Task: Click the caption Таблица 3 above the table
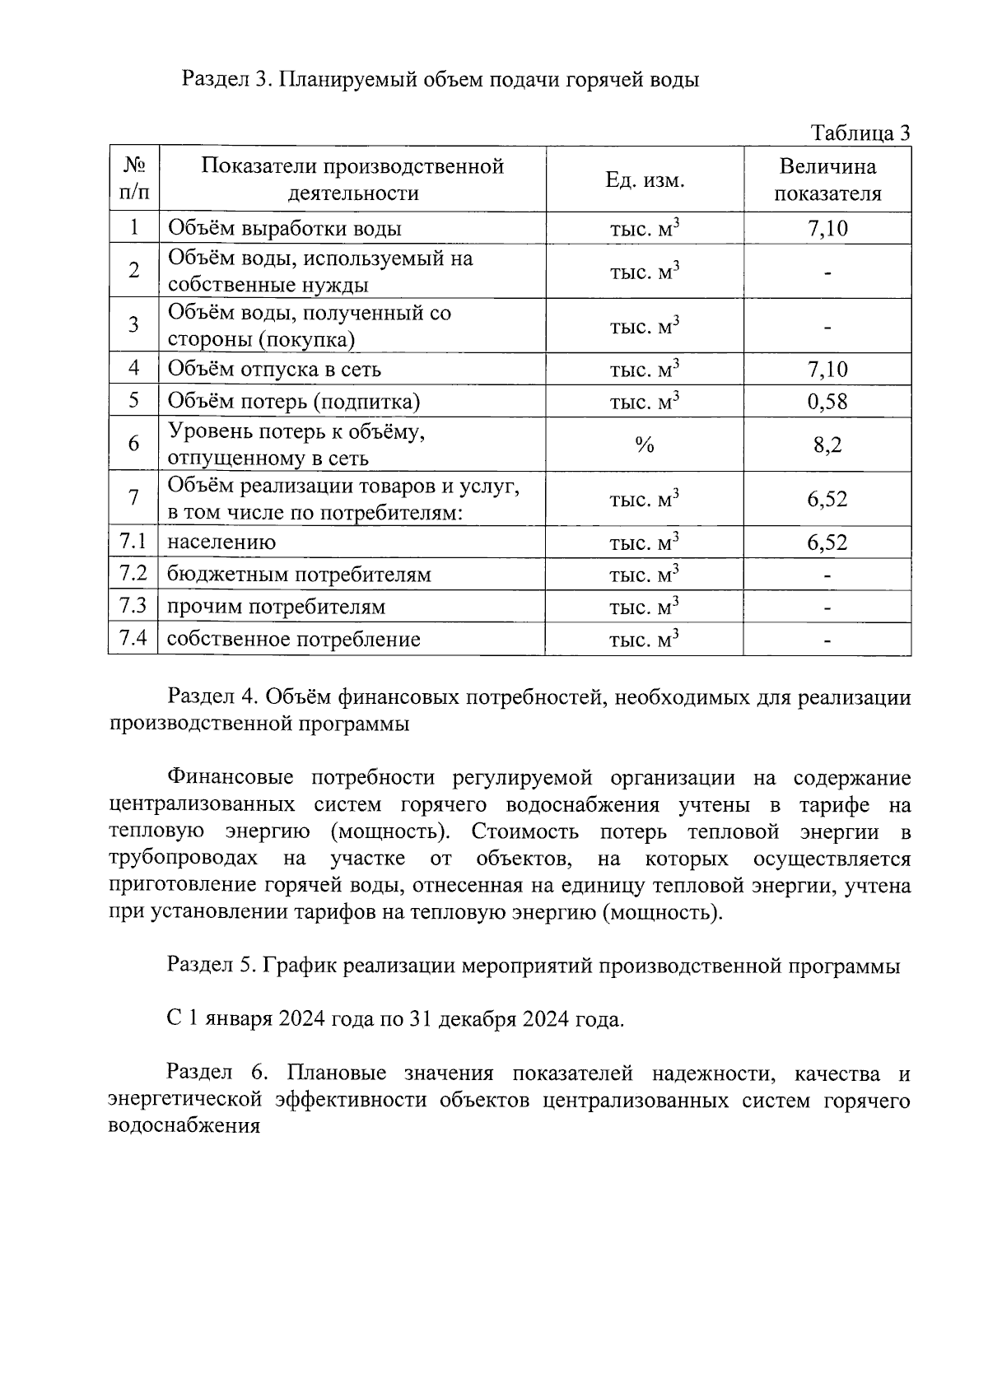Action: click(x=860, y=133)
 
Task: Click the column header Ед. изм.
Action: click(x=645, y=179)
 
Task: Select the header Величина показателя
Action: click(x=827, y=179)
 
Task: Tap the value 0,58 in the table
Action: click(x=827, y=402)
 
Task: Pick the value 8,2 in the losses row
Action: click(x=827, y=445)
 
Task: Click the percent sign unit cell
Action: click(x=645, y=445)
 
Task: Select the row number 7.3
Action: click(x=133, y=606)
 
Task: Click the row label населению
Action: click(x=221, y=543)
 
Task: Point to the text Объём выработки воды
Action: click(x=285, y=229)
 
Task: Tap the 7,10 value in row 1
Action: click(x=827, y=229)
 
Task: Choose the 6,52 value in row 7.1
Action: click(x=827, y=543)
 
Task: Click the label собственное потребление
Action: click(x=294, y=640)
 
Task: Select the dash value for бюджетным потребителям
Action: click(x=827, y=575)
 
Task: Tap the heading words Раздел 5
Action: click(x=212, y=966)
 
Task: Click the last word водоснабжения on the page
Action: click(x=184, y=1126)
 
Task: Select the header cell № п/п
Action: click(x=133, y=179)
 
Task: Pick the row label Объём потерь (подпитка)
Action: click(x=294, y=402)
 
